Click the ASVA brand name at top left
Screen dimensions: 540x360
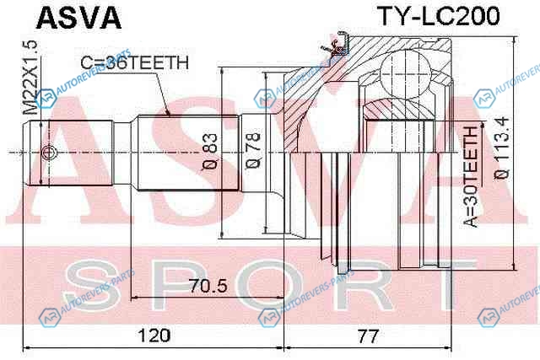point(78,18)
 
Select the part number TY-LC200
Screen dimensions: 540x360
point(439,16)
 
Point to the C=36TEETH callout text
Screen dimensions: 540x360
point(135,62)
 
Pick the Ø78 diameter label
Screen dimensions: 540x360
point(253,150)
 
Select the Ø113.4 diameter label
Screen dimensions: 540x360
point(502,148)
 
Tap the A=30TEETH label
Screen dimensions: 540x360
point(471,177)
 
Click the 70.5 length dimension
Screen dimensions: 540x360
point(208,286)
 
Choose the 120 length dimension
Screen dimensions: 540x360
point(154,336)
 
